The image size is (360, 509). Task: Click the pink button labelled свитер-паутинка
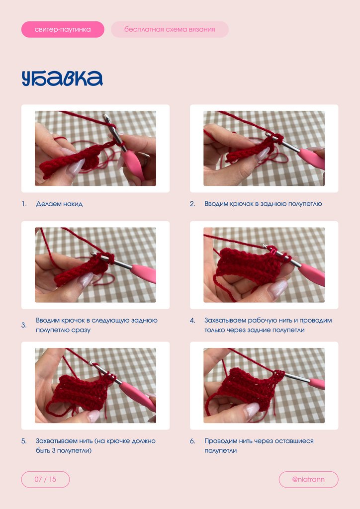(63, 29)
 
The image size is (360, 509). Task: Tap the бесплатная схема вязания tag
(170, 29)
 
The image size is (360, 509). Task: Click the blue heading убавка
(62, 78)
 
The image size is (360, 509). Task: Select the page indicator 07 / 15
(45, 479)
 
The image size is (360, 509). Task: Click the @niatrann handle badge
(308, 479)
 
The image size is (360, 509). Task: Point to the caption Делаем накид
(59, 204)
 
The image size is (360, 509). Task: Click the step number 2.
(192, 204)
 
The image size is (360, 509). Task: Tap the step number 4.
(192, 321)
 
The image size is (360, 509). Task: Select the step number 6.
(192, 441)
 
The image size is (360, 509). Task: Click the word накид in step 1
(73, 204)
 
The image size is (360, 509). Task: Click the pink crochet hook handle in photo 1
(134, 164)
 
